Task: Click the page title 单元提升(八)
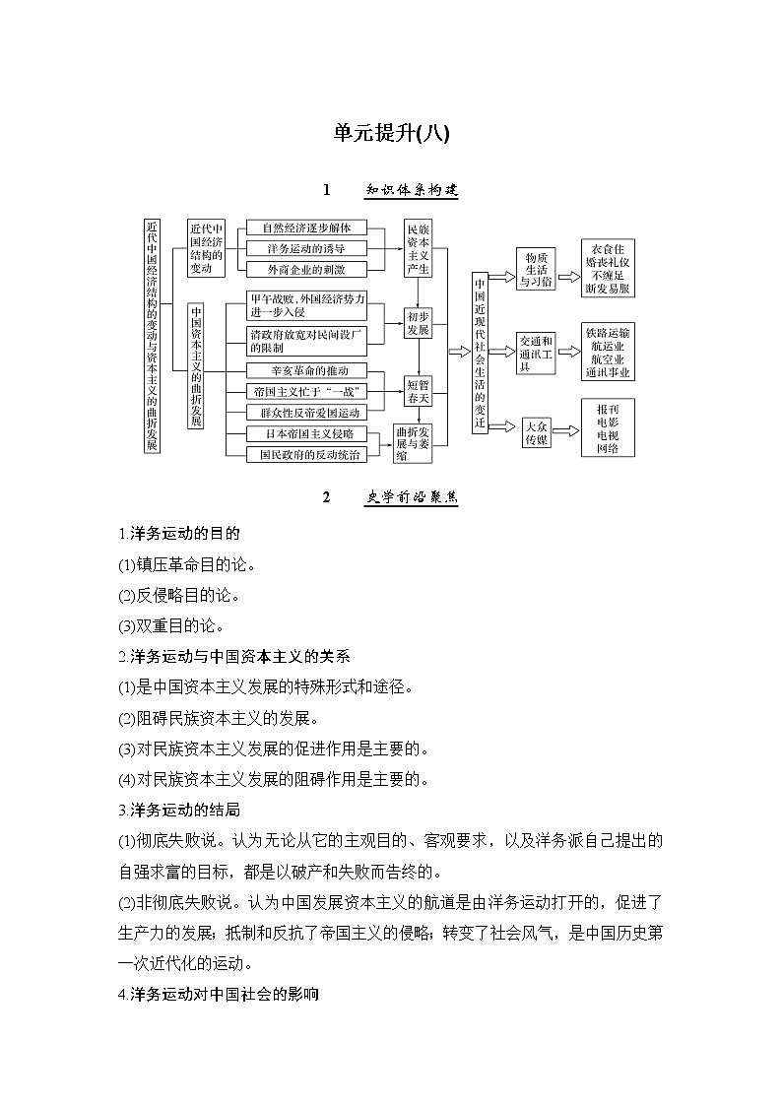[391, 133]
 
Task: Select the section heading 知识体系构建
[412, 190]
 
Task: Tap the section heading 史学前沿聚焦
[412, 497]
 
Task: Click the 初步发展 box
[418, 324]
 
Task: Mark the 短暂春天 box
[418, 391]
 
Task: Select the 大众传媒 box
[538, 433]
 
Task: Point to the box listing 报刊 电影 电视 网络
[608, 427]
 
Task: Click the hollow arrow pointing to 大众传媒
[504, 426]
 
